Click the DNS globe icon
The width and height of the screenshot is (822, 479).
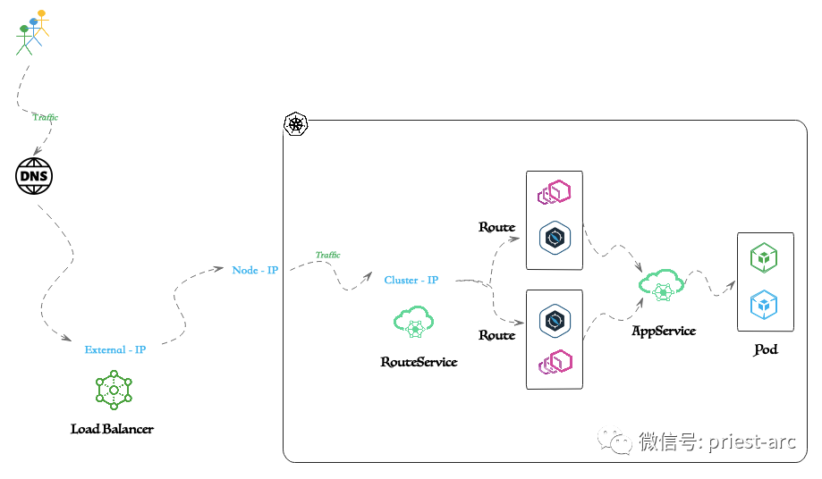click(x=34, y=176)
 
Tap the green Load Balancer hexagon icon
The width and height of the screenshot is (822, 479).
click(x=114, y=390)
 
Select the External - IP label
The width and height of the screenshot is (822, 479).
click(x=115, y=349)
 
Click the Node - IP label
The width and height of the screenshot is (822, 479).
click(x=255, y=270)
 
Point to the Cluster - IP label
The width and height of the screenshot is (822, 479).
click(x=411, y=280)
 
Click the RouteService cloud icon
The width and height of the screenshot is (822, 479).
click(x=413, y=322)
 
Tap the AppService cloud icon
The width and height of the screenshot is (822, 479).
click(x=662, y=285)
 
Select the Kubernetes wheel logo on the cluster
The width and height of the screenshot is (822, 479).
click(x=296, y=124)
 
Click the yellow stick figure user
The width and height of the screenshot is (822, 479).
click(x=42, y=22)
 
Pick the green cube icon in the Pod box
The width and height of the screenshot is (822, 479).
click(x=764, y=257)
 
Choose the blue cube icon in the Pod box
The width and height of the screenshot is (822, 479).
click(x=764, y=305)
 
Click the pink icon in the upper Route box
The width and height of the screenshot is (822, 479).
click(x=555, y=192)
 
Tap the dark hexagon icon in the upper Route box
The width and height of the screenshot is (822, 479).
click(x=555, y=239)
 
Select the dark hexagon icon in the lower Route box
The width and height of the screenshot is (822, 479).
click(x=555, y=321)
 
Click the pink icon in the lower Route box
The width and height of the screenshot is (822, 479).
click(x=555, y=362)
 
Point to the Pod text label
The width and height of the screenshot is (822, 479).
click(x=766, y=349)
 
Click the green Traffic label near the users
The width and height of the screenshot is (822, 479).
click(x=45, y=117)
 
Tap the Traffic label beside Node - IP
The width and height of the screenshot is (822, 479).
click(x=327, y=255)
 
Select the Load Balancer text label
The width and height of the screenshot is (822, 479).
click(x=112, y=429)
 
